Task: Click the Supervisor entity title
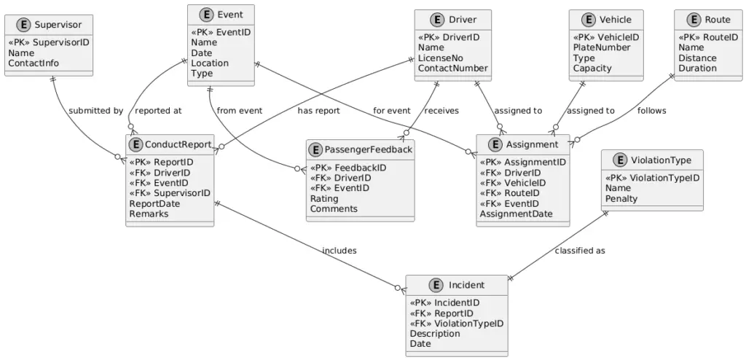point(58,25)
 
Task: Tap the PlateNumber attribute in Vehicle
point(602,48)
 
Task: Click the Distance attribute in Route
point(697,58)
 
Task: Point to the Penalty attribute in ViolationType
point(621,199)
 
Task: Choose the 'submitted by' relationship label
point(95,111)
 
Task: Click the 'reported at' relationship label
point(158,111)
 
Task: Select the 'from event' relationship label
point(240,111)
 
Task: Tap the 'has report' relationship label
point(318,111)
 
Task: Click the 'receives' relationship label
point(441,111)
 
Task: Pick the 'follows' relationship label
point(651,111)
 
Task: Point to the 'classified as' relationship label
point(580,251)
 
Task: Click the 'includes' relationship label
point(339,251)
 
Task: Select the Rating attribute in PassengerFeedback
point(324,199)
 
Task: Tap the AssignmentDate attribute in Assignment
point(516,214)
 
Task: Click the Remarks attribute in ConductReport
point(149,214)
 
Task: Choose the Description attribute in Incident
point(435,334)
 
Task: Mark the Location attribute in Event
point(210,63)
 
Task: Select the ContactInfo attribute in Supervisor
point(34,63)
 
